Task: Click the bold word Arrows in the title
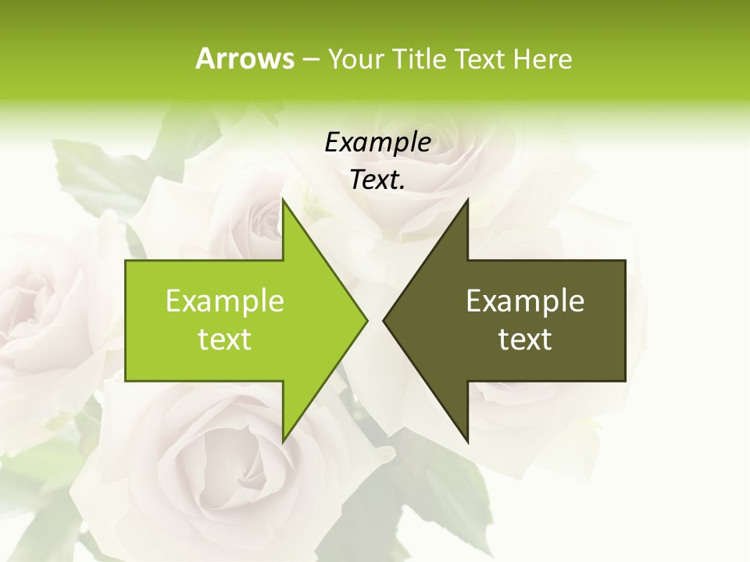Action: tap(245, 59)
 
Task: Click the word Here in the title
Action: tap(542, 59)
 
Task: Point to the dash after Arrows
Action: tap(311, 59)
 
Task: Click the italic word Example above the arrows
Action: tap(378, 142)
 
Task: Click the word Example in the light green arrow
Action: tap(225, 301)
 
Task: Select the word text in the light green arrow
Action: tap(225, 340)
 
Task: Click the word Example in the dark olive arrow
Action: tap(525, 301)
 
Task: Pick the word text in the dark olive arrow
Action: tap(525, 340)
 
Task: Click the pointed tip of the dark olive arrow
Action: tap(386, 320)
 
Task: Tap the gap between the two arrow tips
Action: tap(375, 320)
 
